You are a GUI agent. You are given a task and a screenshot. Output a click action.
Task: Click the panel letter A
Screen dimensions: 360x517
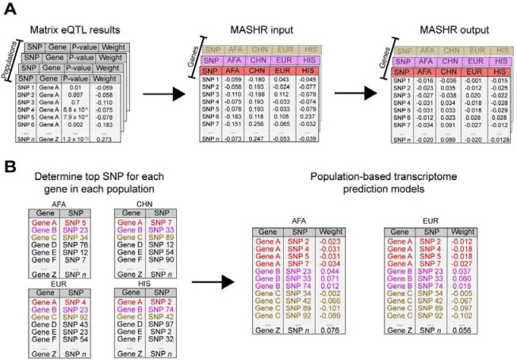(x=10, y=10)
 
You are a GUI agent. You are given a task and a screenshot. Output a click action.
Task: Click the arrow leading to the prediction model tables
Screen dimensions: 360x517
(x=215, y=279)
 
